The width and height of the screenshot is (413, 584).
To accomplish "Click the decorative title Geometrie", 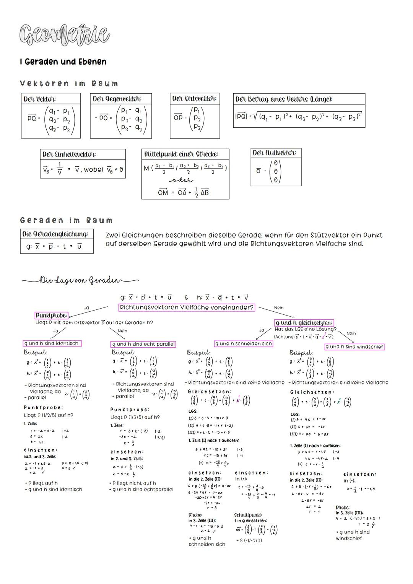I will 65,35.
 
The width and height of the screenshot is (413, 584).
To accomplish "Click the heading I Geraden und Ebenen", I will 63,62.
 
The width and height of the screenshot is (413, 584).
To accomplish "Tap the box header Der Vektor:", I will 40,99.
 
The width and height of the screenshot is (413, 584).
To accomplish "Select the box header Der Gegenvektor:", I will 117,99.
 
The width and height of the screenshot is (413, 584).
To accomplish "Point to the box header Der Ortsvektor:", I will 194,99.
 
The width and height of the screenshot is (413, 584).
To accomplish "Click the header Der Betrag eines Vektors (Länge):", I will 284,99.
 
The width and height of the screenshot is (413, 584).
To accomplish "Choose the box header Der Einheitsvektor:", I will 69,155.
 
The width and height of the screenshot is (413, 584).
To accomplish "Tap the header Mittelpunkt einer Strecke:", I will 181,155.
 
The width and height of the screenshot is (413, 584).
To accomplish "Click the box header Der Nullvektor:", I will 275,153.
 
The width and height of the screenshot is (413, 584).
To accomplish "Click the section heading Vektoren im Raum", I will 69,83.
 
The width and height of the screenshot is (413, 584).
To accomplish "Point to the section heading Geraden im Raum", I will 67,220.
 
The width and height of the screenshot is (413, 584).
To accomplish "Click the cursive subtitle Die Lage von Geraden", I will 80,280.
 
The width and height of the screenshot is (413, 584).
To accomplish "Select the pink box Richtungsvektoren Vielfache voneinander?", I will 187,307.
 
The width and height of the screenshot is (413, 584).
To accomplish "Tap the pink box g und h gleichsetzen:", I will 304,323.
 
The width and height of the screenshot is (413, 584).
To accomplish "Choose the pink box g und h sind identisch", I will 52,343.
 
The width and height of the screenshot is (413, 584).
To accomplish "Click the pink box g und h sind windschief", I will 354,347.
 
